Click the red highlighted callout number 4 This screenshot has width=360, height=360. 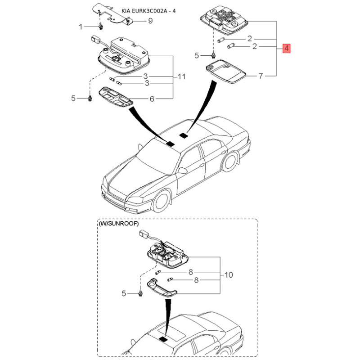tap(286, 48)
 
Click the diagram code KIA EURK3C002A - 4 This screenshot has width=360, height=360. tap(148, 11)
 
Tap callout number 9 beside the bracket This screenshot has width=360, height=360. tap(150, 21)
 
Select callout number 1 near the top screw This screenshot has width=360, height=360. tap(81, 27)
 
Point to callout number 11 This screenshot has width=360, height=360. tap(182, 76)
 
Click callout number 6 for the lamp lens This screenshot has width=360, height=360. tap(152, 99)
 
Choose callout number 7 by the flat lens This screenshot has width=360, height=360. tap(261, 76)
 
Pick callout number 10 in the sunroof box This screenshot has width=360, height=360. tap(229, 274)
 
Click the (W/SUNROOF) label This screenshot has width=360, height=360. tap(119, 223)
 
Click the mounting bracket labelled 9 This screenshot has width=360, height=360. tap(111, 14)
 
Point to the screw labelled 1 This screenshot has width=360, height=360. tap(100, 27)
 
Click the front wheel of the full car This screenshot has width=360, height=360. tap(162, 201)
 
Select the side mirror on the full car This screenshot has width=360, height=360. tap(182, 171)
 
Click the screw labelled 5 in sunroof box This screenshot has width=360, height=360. tap(140, 293)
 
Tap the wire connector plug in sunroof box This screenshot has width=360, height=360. tap(144, 234)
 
